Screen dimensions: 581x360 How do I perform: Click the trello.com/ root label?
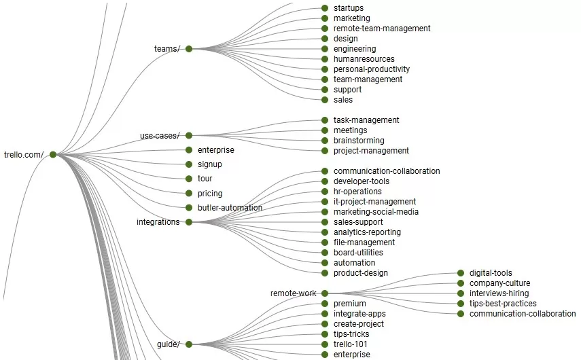tap(24, 155)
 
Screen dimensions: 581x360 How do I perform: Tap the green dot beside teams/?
tap(189, 49)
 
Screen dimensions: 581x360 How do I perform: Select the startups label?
tap(349, 8)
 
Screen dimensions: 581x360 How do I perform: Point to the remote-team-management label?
tap(382, 29)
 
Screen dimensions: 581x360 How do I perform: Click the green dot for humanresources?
tap(325, 59)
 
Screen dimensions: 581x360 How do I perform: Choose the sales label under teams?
tap(343, 100)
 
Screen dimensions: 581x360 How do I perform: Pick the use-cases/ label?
tap(160, 136)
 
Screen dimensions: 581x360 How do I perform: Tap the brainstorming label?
tap(359, 141)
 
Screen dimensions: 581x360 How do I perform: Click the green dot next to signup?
tap(189, 164)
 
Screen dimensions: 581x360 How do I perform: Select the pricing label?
tap(210, 194)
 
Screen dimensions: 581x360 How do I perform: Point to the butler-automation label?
tap(230, 208)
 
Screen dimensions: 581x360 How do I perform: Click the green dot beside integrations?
tap(189, 222)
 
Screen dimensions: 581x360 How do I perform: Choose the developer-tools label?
tap(362, 181)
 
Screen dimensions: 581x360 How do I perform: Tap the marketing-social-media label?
tap(376, 212)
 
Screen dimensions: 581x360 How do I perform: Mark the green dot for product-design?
tap(325, 273)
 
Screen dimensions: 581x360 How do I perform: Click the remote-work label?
tap(294, 293)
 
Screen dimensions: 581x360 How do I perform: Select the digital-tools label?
tap(491, 273)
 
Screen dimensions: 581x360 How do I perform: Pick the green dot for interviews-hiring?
tap(461, 293)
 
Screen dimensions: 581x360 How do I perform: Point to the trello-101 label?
tap(350, 344)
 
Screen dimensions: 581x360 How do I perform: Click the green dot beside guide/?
tap(189, 344)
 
